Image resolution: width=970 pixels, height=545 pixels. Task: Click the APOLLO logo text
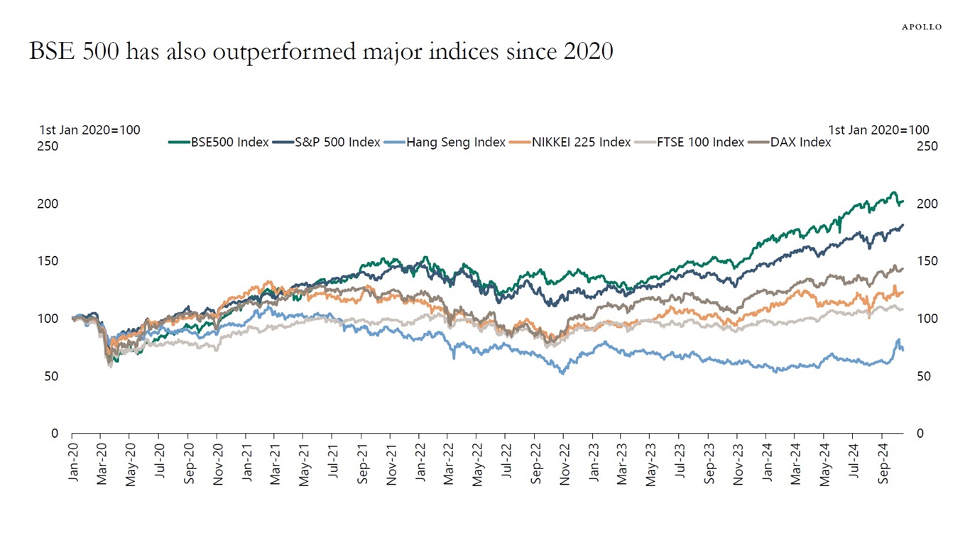922,27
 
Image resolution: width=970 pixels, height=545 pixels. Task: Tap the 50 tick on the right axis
924,376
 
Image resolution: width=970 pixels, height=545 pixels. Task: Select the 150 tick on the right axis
927,261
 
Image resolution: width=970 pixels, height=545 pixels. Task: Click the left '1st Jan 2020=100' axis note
89,130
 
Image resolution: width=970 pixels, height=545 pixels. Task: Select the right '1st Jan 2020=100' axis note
878,130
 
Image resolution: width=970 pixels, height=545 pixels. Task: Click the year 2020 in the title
586,52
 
